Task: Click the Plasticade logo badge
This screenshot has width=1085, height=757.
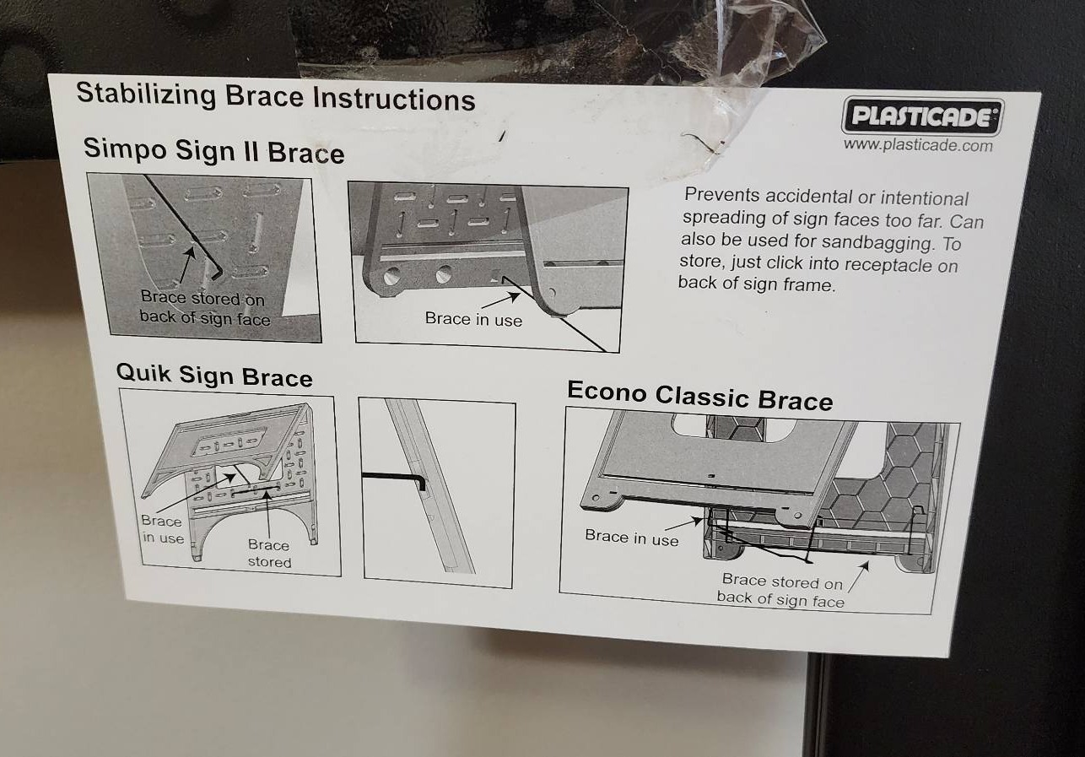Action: (x=922, y=116)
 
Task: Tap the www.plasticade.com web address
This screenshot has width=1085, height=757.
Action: (x=917, y=145)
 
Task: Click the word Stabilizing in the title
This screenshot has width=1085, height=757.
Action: (x=146, y=94)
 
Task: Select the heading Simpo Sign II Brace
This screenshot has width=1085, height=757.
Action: (x=213, y=150)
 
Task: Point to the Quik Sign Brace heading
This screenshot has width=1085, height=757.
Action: (x=214, y=375)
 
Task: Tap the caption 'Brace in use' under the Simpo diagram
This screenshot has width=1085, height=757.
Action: (x=473, y=319)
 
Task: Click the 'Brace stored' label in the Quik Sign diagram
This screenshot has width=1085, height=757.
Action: (x=269, y=554)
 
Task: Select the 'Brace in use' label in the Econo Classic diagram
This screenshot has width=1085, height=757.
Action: (x=632, y=538)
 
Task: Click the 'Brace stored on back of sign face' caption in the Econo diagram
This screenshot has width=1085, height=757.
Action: (x=780, y=591)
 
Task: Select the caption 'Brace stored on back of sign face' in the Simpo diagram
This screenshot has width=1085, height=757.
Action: (x=203, y=308)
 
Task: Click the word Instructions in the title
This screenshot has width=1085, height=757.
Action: (x=394, y=99)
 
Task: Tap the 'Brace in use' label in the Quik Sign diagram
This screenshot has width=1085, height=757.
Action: (x=162, y=529)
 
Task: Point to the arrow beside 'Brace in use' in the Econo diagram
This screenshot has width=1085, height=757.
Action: (x=683, y=523)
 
